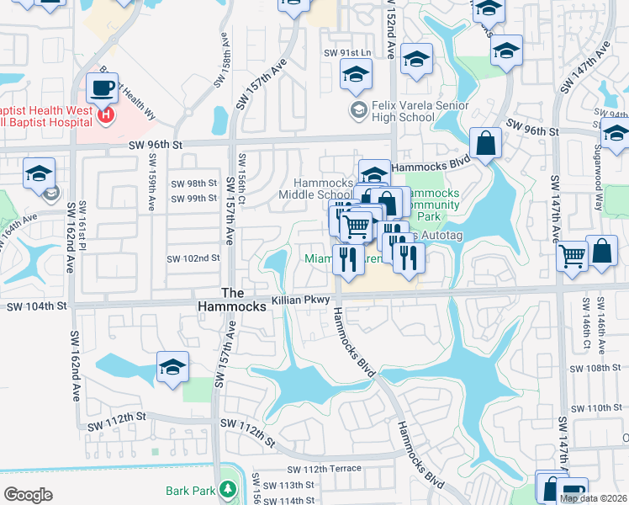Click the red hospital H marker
tap(106, 115)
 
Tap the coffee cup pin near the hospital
tap(102, 88)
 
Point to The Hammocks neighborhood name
tap(243, 300)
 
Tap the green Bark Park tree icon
tap(226, 489)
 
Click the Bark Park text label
tap(188, 489)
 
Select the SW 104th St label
tap(36, 307)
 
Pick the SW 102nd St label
tap(193, 258)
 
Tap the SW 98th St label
tap(193, 183)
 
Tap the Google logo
tap(29, 494)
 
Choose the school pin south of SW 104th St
tap(172, 367)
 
